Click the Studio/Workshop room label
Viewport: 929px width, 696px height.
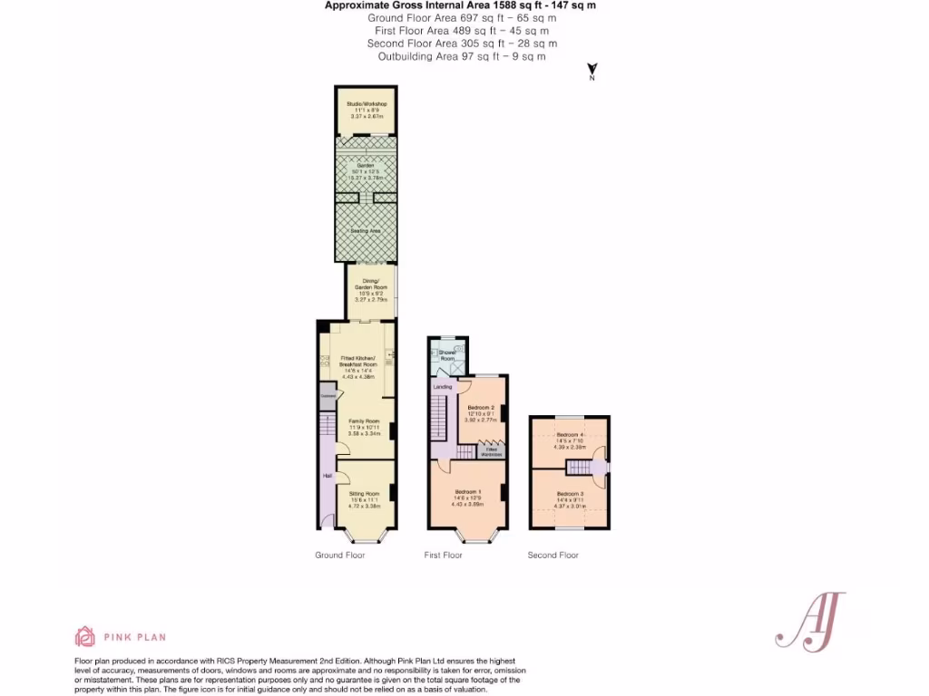[x=367, y=104]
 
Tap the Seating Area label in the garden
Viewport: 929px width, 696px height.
[x=366, y=232]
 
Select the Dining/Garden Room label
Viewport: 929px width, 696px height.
[x=370, y=284]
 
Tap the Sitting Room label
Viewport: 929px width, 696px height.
[x=364, y=494]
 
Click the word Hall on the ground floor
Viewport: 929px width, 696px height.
[x=326, y=475]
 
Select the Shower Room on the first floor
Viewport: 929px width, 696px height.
[x=447, y=355]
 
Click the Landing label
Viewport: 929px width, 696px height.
[x=443, y=388]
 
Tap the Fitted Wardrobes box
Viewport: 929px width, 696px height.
[x=492, y=450]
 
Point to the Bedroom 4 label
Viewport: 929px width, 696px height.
[x=569, y=435]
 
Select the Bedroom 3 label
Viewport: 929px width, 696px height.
[x=569, y=493]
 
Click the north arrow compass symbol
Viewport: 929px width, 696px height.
[x=592, y=70]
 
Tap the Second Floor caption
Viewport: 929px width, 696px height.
[x=553, y=555]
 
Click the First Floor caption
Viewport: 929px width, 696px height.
[x=444, y=555]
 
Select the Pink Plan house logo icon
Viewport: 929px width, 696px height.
[x=84, y=636]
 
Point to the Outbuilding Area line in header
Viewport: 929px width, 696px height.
[x=462, y=56]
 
